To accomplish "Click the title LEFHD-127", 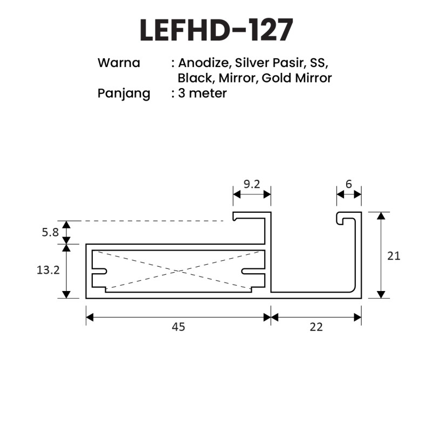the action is click(217, 30).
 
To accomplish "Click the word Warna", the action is click(119, 63).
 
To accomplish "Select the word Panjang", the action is click(124, 94).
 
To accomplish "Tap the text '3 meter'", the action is click(202, 93).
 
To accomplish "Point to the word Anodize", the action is click(204, 63).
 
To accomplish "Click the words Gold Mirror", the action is click(296, 78).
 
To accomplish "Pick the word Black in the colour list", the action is click(195, 78).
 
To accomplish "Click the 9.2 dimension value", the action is click(252, 184).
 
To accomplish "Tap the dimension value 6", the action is click(349, 184).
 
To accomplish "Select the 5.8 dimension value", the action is click(50, 233).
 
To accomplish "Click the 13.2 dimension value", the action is click(48, 270).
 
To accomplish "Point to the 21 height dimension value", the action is click(394, 256).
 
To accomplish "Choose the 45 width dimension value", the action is click(178, 327).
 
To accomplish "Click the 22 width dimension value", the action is click(316, 327).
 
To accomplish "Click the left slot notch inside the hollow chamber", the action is click(99, 272).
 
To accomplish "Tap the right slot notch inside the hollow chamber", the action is click(253, 272).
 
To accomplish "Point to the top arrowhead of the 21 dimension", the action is click(381, 215).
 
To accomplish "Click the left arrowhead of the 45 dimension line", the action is click(90, 318).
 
